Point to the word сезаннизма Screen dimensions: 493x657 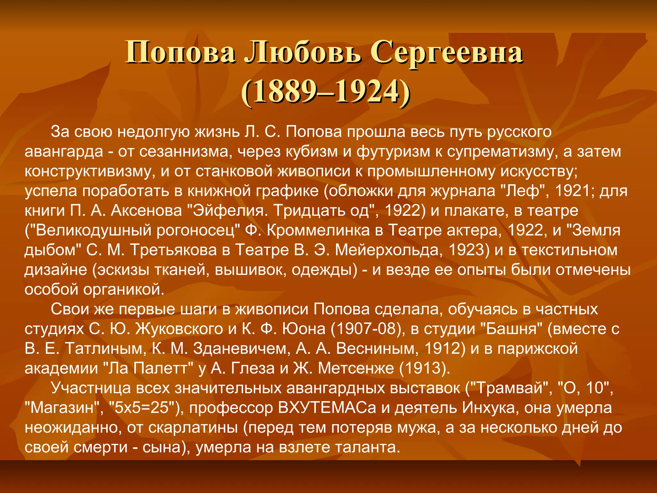tap(186, 151)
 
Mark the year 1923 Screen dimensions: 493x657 tap(469, 250)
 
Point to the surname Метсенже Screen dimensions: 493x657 tap(356, 368)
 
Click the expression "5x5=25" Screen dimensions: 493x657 tap(144, 408)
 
